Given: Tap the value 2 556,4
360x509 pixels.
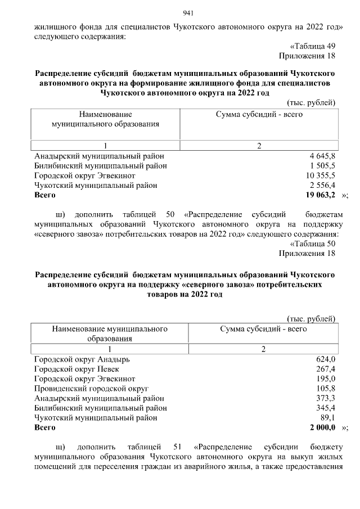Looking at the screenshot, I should pyautogui.click(x=322, y=185).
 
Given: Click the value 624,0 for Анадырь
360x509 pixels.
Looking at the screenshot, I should pyautogui.click(x=326, y=359).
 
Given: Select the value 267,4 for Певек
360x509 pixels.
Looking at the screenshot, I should pyautogui.click(x=326, y=369).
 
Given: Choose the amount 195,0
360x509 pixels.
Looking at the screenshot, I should pyautogui.click(x=326, y=379).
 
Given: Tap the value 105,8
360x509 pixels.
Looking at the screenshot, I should pyautogui.click(x=326, y=389).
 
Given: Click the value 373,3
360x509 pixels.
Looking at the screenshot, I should pyautogui.click(x=326, y=398).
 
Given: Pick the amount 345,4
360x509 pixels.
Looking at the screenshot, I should pyautogui.click(x=326, y=408).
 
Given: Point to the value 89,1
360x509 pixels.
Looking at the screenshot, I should pyautogui.click(x=328, y=418).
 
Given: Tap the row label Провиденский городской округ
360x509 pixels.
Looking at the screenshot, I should pyautogui.click(x=91, y=389).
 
